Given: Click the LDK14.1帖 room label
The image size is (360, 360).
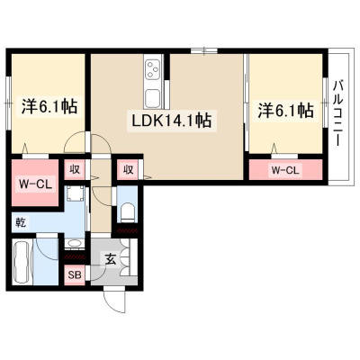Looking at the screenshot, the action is click(172, 121).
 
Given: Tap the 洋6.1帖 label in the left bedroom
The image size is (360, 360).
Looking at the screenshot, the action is click(49, 106).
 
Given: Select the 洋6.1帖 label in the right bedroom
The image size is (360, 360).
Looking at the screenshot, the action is click(286, 111).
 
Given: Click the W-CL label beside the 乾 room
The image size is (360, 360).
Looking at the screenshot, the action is click(35, 184).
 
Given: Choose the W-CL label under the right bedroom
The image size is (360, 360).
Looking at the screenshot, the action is click(285, 170).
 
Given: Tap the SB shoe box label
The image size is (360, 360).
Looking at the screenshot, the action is click(75, 274).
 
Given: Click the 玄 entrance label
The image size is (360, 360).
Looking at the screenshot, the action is click(111, 259).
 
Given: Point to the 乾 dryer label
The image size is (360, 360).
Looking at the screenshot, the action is click(21, 223).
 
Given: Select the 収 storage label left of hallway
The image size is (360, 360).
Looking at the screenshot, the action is click(75, 170).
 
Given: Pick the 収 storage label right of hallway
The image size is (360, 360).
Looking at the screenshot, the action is click(128, 170).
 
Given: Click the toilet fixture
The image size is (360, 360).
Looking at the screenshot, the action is click(128, 212).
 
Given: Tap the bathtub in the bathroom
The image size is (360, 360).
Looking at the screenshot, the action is click(22, 262).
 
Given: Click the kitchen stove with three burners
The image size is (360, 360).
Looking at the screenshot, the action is click(153, 69).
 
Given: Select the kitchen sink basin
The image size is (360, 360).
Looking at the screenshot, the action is click(153, 98).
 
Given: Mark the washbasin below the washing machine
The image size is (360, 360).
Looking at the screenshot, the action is click(74, 243).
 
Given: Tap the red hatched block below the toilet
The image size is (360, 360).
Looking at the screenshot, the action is click(128, 230).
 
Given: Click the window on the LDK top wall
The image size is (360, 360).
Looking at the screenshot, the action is click(204, 50).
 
